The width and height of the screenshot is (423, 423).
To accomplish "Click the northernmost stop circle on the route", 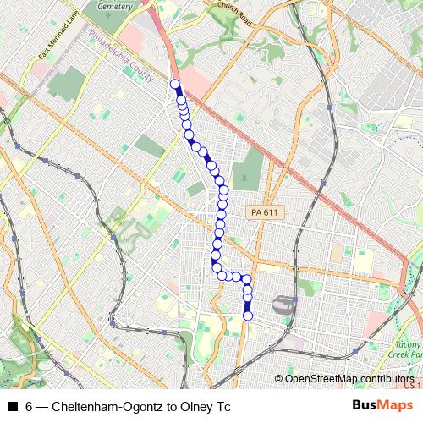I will (x=175, y=84).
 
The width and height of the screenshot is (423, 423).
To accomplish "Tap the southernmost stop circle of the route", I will (x=248, y=316).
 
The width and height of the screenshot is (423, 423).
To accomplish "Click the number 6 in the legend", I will (x=30, y=407).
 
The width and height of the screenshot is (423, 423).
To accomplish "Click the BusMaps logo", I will (x=383, y=406).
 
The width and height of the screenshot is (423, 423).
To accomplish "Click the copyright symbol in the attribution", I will (x=280, y=378).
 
